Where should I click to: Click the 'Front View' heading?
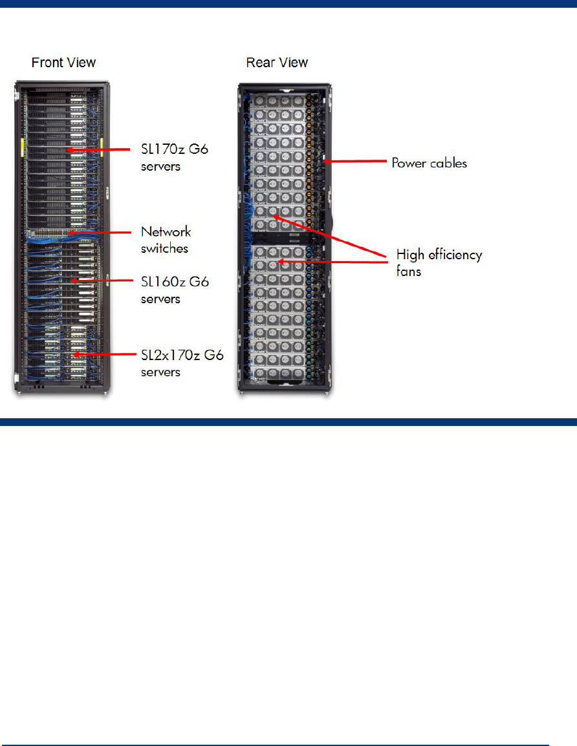pyautogui.click(x=63, y=63)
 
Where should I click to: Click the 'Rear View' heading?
pyautogui.click(x=277, y=63)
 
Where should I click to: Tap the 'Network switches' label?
pyautogui.click(x=166, y=239)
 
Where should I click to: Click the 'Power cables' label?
pyautogui.click(x=429, y=163)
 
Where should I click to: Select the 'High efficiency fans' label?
pyautogui.click(x=439, y=262)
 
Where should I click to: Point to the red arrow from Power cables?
pyautogui.click(x=356, y=162)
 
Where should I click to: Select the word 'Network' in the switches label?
pyautogui.click(x=166, y=231)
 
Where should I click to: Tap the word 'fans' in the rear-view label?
pyautogui.click(x=408, y=271)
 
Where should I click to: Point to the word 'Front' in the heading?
pyautogui.click(x=47, y=63)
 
